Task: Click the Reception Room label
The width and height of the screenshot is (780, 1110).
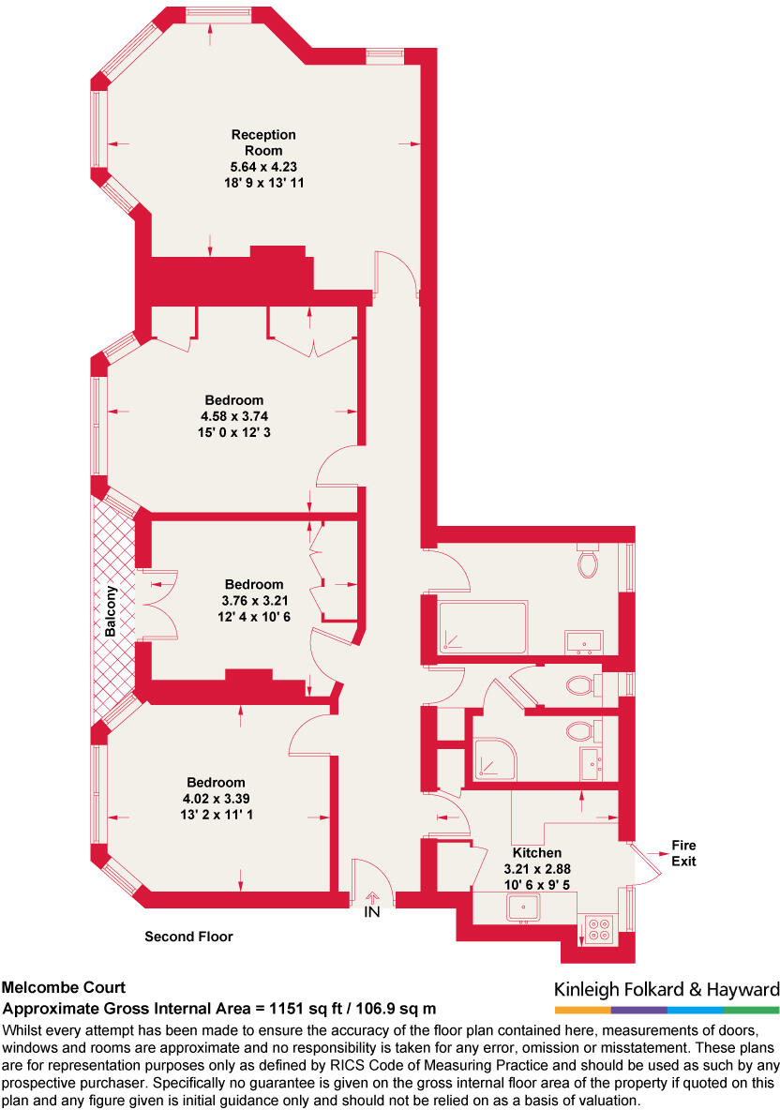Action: [263, 142]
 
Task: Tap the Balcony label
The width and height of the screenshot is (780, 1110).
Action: [111, 611]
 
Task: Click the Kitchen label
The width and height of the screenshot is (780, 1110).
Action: [536, 853]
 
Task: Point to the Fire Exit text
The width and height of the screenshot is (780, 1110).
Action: [683, 853]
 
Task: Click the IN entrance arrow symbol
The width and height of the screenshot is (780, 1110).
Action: [372, 898]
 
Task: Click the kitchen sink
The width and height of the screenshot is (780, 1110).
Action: [522, 908]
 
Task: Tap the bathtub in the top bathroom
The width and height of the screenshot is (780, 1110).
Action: [484, 627]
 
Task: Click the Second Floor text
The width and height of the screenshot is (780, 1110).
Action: [188, 936]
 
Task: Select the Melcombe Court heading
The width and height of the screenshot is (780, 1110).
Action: [64, 987]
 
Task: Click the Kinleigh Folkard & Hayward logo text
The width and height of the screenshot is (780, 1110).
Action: [667, 989]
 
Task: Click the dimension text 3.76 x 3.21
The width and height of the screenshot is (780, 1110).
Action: [253, 600]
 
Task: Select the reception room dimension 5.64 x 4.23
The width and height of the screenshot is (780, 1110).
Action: [263, 167]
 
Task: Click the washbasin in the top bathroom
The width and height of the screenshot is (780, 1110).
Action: [585, 642]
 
